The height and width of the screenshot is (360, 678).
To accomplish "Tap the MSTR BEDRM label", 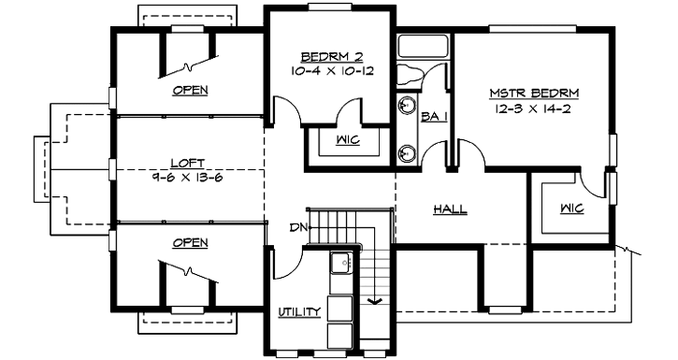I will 535,94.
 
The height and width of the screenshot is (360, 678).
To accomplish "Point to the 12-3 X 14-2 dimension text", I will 535,108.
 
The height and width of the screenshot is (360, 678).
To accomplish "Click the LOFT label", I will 188,161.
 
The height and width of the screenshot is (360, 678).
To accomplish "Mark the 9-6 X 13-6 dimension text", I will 188,175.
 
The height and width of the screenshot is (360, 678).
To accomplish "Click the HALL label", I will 450,209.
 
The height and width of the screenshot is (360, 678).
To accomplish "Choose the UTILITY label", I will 299,311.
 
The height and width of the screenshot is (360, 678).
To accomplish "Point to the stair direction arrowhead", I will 374,301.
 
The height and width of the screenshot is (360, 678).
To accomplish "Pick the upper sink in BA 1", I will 408,105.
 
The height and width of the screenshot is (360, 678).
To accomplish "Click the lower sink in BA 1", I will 408,151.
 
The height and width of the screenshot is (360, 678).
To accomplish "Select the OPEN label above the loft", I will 190,91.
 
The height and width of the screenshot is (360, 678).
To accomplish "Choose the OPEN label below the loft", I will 190,243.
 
